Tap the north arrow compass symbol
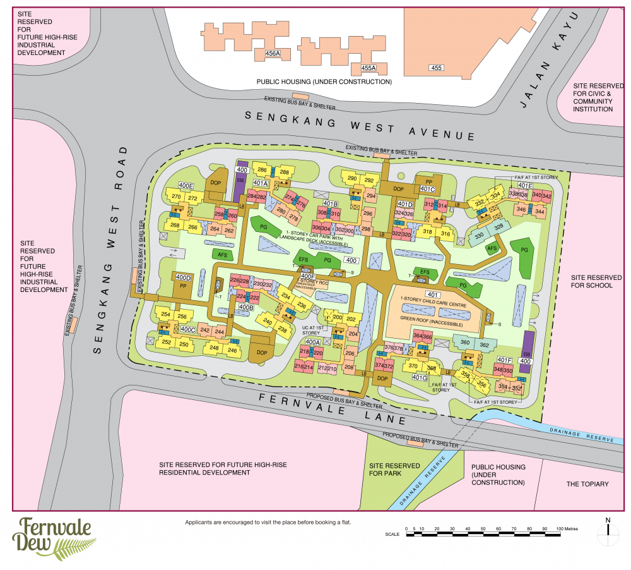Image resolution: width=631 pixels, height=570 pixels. click(x=608, y=533)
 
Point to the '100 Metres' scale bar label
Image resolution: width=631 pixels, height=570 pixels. click(x=566, y=528)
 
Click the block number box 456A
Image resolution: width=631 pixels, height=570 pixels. click(x=273, y=54)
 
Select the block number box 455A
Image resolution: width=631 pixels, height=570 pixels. click(x=368, y=68)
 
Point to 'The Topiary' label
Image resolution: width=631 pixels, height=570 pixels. click(x=587, y=484)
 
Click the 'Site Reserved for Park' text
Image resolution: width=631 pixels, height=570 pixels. click(x=394, y=469)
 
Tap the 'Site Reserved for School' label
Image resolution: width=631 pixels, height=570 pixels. click(x=591, y=281)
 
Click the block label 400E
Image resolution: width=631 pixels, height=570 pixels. click(x=186, y=185)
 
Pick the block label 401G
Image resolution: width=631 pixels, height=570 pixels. click(x=420, y=377)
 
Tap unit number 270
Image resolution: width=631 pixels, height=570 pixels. click(x=176, y=197)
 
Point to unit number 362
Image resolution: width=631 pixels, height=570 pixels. click(x=484, y=345)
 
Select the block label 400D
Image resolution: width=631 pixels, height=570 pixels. click(x=183, y=277)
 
